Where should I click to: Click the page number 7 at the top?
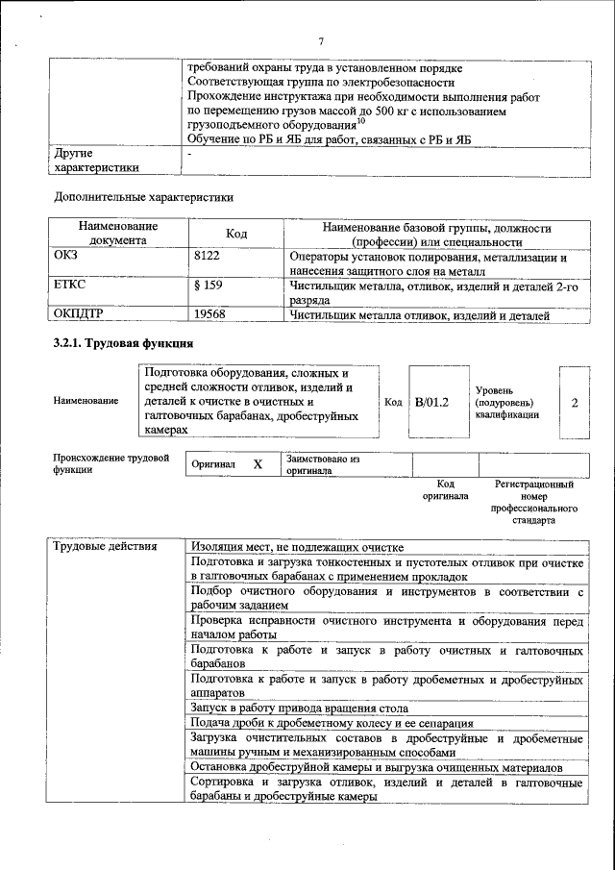(321, 41)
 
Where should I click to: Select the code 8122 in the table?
(208, 258)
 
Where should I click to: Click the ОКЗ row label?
(68, 258)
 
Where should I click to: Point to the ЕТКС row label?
(71, 286)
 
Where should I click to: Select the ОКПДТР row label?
(79, 314)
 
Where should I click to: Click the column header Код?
(236, 234)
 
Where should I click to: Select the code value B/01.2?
(431, 402)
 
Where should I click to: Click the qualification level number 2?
(574, 402)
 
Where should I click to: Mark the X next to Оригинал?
(258, 464)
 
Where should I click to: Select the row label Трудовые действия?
(105, 547)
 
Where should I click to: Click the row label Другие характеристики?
(96, 160)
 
